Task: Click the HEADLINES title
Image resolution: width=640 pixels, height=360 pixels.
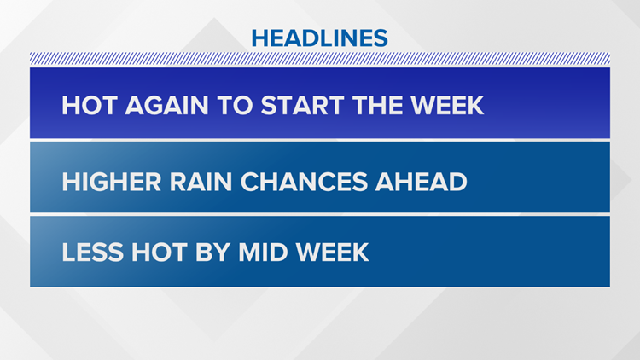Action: [320, 38]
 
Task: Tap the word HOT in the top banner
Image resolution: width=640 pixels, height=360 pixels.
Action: [90, 106]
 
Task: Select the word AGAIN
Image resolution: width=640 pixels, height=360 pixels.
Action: [167, 106]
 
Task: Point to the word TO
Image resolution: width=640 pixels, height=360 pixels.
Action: [235, 106]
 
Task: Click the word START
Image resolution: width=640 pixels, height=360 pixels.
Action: [302, 106]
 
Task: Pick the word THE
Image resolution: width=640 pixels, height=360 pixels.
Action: [377, 106]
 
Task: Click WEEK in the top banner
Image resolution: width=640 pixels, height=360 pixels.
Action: [447, 106]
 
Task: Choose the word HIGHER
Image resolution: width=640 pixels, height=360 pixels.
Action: [112, 182]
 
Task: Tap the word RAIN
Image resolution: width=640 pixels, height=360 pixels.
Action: [201, 182]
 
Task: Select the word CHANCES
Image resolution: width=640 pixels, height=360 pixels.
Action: [304, 182]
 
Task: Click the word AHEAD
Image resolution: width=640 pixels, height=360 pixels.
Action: [422, 182]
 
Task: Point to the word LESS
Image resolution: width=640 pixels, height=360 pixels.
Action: [93, 253]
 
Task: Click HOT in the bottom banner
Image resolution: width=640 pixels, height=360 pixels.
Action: [160, 253]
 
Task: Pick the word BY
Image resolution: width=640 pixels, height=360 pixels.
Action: [213, 253]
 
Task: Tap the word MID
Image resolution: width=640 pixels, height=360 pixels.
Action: [264, 253]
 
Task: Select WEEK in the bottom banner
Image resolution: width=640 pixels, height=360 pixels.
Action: [332, 253]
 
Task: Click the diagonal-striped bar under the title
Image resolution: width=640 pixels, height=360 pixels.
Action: [320, 58]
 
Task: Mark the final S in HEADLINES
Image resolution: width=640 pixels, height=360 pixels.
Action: [380, 38]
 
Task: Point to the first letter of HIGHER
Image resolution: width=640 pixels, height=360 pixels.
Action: [71, 182]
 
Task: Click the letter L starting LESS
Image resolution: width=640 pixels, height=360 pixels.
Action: [68, 253]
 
